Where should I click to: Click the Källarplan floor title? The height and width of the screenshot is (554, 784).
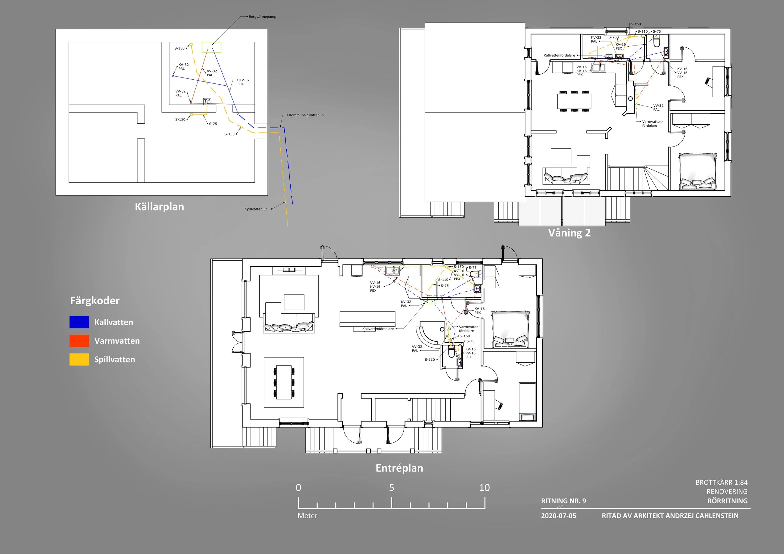tap(159, 207)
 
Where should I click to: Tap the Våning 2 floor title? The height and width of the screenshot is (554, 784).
tap(569, 233)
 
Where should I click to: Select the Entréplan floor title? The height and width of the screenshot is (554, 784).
tap(399, 468)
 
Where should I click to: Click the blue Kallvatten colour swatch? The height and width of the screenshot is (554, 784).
tap(79, 322)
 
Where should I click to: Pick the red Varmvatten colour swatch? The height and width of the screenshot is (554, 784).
tap(79, 341)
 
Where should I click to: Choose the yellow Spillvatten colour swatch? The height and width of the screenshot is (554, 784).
tap(79, 359)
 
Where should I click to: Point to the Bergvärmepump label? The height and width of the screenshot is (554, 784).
tap(262, 17)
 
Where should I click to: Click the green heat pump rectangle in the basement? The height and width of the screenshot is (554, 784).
tap(211, 47)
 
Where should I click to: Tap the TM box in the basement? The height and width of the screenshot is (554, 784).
tap(207, 101)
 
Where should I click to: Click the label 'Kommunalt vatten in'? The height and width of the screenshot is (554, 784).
tap(306, 115)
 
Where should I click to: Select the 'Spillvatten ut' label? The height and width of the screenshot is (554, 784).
tap(256, 209)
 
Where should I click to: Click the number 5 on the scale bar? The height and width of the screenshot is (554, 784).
tap(392, 488)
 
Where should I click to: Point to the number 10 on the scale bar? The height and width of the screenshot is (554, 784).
tap(484, 488)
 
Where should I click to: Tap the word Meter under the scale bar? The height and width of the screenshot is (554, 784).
tap(307, 516)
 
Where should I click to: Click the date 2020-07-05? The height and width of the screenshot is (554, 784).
tap(558, 516)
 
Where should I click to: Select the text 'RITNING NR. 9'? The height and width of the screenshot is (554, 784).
tap(564, 501)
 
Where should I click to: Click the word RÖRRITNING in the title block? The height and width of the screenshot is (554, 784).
tap(727, 501)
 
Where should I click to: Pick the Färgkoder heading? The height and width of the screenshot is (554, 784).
tap(95, 301)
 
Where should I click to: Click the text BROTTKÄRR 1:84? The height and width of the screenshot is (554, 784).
tap(722, 482)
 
